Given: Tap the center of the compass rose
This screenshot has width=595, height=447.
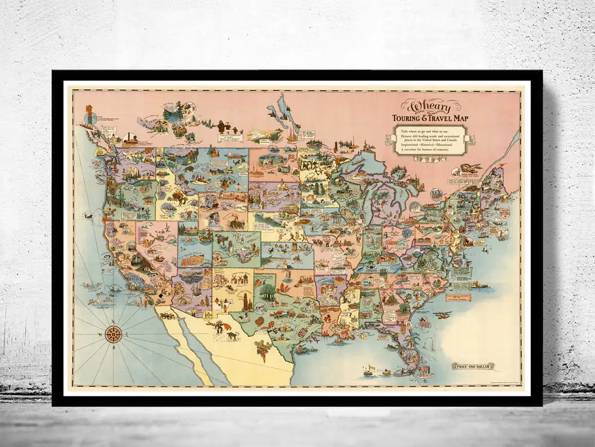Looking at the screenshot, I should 114,335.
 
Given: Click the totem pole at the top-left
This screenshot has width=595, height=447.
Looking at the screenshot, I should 90,114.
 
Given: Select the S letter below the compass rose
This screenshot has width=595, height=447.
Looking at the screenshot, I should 114,348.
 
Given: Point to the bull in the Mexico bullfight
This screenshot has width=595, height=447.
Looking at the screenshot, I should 231,336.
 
